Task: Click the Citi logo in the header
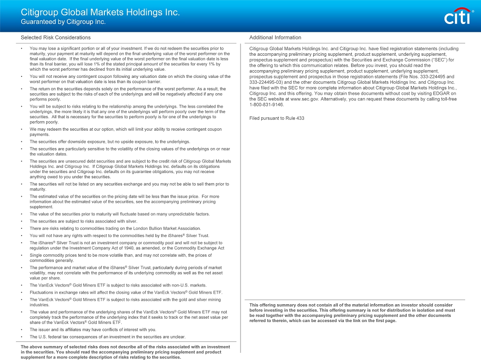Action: coord(457,17)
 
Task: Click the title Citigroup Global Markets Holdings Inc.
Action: coord(100,12)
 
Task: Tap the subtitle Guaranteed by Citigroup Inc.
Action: coord(63,22)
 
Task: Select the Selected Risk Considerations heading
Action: coord(55,37)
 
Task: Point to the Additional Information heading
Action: coord(275,37)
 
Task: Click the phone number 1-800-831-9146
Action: coord(266,104)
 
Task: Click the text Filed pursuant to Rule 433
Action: coord(277,118)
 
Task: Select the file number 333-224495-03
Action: coord(266,82)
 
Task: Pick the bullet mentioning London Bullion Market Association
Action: coord(115,228)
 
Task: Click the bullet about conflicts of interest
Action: coord(93,330)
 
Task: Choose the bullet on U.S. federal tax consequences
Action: coord(107,337)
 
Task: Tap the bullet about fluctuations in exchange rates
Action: coord(126,292)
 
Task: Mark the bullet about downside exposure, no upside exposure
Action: coord(110,142)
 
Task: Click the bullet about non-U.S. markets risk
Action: coord(118,285)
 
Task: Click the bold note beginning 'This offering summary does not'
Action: coord(351,313)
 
